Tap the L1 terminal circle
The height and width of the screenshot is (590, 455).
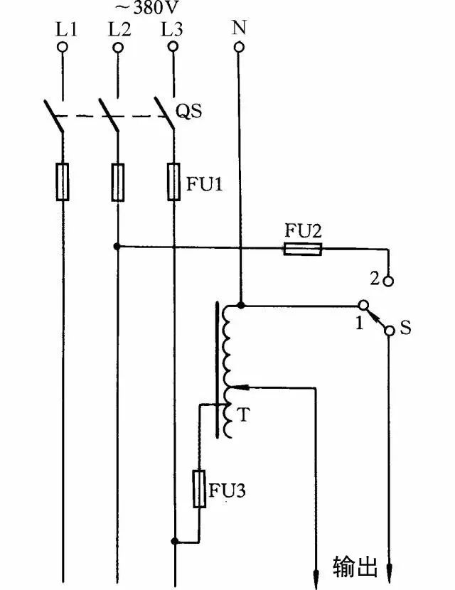click(63, 48)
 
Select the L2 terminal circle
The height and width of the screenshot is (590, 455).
click(117, 48)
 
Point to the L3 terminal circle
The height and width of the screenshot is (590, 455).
click(171, 48)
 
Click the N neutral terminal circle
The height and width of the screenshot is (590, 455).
click(239, 48)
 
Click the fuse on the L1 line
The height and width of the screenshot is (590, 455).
click(63, 181)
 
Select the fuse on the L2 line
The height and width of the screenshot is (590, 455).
click(117, 181)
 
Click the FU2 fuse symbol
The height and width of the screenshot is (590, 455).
click(303, 249)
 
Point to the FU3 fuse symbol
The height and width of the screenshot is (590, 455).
click(200, 488)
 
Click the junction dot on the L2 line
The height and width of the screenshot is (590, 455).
click(117, 247)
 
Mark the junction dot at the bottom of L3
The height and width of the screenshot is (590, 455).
click(174, 542)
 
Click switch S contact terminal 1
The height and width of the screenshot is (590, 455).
click(362, 306)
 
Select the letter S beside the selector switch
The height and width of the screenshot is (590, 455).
click(405, 329)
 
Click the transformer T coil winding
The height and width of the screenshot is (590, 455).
click(228, 370)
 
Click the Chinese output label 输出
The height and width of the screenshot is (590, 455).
click(353, 567)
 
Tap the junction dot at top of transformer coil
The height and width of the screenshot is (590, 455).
click(240, 306)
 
